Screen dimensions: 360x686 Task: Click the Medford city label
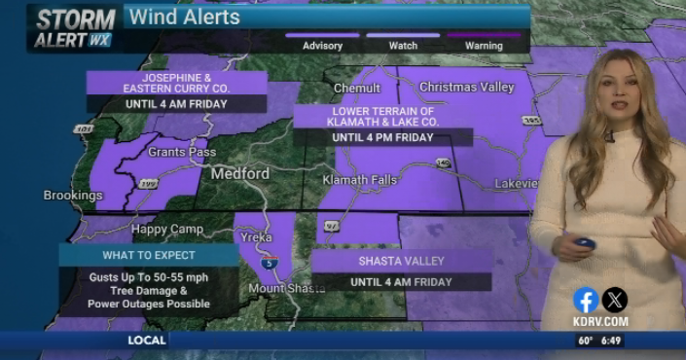[x=240, y=174]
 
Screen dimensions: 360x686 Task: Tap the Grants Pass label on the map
[x=182, y=153]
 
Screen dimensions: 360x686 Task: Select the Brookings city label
[x=73, y=196]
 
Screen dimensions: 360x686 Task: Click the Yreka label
[x=258, y=236]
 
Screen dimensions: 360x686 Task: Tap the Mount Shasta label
[x=287, y=288]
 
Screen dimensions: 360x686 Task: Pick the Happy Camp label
[x=167, y=230]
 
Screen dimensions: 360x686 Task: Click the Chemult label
[x=357, y=88]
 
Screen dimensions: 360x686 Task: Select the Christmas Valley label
[x=466, y=88]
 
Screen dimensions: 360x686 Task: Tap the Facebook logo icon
[x=586, y=300]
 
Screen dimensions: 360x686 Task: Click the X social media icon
[x=615, y=300]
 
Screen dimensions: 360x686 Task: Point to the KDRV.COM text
[x=599, y=321]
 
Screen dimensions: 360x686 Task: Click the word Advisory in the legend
[x=322, y=46]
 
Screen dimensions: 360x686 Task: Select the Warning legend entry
[x=484, y=46]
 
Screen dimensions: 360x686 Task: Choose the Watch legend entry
[x=403, y=46]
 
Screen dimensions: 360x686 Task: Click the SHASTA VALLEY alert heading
[x=401, y=262]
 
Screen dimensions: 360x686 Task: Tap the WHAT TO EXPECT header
[x=149, y=255]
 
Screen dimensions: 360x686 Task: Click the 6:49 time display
[x=610, y=341]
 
